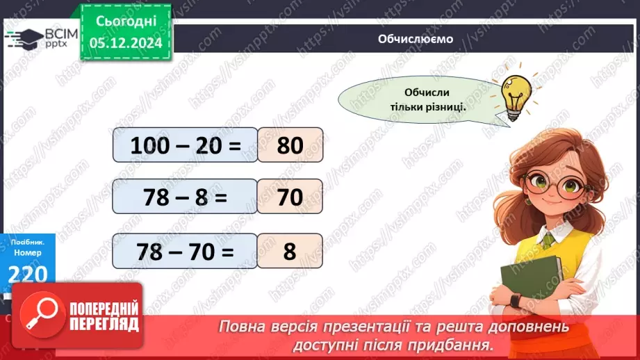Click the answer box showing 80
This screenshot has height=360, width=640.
[290, 145]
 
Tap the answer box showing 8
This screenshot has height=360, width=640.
[290, 251]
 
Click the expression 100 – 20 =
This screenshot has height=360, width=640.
[185, 145]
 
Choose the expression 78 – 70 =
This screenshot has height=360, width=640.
[185, 251]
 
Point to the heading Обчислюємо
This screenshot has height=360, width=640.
[416, 39]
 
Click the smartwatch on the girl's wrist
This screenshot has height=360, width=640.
[515, 300]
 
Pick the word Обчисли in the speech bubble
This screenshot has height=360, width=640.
[427, 93]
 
